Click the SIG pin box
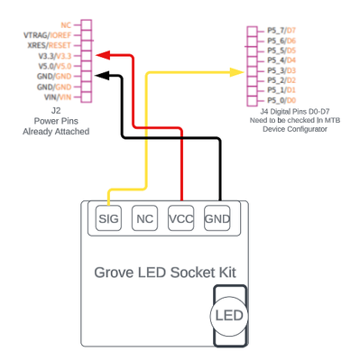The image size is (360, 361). (x=109, y=218)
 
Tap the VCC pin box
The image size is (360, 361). (x=181, y=218)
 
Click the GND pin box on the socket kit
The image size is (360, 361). (x=217, y=218)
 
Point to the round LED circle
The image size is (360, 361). (x=226, y=315)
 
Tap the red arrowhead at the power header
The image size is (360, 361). (x=103, y=56)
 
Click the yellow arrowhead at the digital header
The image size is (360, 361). (x=239, y=70)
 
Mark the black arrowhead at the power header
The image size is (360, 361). (x=103, y=77)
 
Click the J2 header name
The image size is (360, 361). (x=56, y=109)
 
